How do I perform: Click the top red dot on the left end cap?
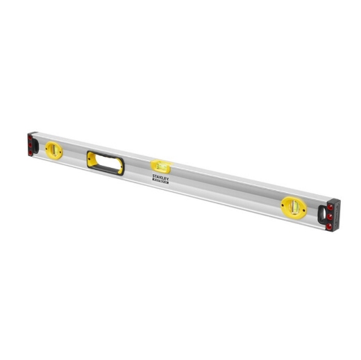(31, 137)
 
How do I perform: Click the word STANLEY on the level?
(162, 176)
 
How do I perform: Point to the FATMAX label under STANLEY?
(161, 180)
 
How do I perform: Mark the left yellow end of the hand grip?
(89, 157)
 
